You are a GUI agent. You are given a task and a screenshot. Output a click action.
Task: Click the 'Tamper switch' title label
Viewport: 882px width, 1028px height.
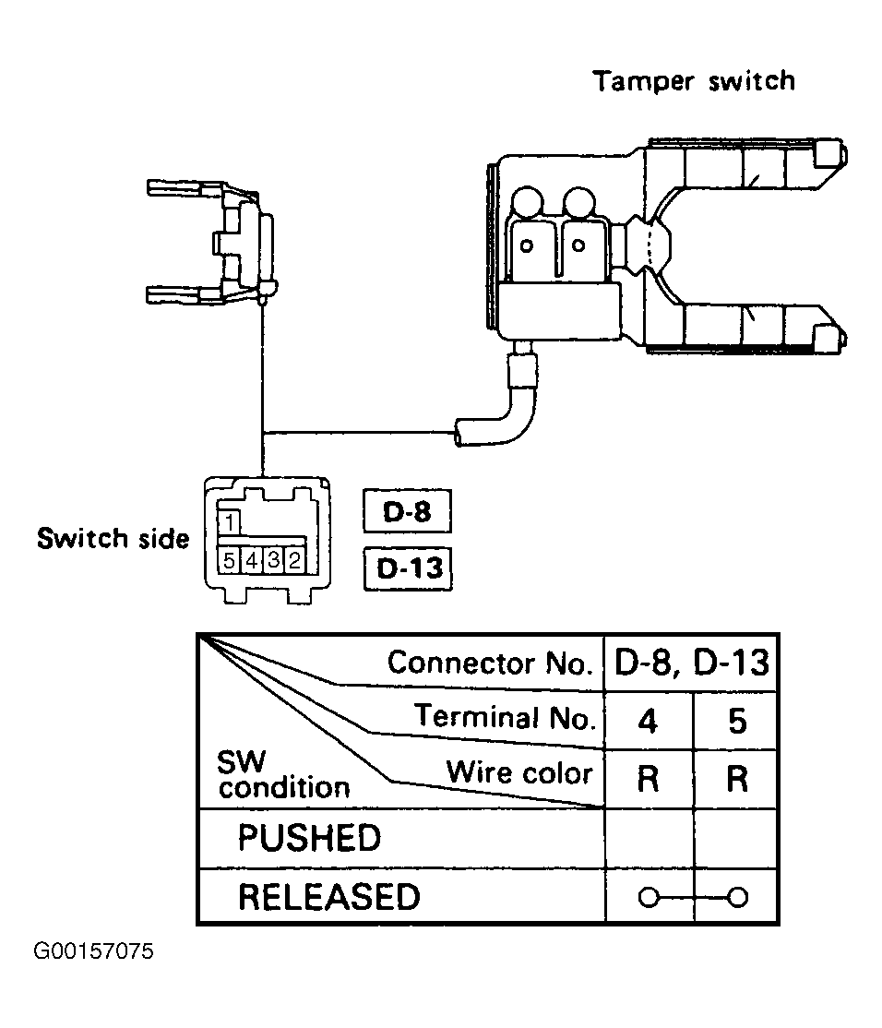click(x=694, y=81)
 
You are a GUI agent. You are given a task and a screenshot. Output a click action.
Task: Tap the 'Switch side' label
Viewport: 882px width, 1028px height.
click(x=113, y=538)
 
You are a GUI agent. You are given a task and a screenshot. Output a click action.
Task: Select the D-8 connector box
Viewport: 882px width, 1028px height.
click(x=407, y=510)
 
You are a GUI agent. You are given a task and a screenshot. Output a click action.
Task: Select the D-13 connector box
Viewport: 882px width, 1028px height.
click(x=408, y=568)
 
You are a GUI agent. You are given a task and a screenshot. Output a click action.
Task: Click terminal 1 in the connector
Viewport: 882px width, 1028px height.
click(x=229, y=522)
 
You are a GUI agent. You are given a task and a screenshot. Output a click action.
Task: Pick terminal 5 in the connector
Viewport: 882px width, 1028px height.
click(x=229, y=560)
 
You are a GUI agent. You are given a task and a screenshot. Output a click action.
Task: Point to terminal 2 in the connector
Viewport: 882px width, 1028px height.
click(x=294, y=560)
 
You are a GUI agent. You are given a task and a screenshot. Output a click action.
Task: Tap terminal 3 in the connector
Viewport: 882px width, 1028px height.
click(x=273, y=560)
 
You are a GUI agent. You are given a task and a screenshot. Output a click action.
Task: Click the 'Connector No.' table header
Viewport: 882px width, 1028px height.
click(x=490, y=663)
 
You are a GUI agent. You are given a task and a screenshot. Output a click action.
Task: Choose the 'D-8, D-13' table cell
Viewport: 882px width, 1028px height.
click(x=691, y=663)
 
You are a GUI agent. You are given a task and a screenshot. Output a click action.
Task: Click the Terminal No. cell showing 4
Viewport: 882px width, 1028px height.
click(x=648, y=722)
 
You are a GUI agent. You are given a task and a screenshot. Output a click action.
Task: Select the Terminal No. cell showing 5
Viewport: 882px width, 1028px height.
click(x=737, y=722)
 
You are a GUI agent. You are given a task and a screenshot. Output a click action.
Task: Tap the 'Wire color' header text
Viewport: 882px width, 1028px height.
click(x=519, y=772)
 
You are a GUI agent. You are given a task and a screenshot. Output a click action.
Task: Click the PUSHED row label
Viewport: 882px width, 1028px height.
click(x=309, y=838)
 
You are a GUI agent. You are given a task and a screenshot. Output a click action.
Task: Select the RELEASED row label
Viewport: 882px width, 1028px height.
click(x=329, y=897)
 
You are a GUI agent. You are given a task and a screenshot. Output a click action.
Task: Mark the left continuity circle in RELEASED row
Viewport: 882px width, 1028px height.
click(x=648, y=897)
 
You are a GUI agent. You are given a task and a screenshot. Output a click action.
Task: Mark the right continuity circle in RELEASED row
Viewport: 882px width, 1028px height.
click(x=738, y=897)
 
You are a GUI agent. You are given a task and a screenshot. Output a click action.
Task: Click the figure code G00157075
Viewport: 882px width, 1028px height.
click(x=94, y=950)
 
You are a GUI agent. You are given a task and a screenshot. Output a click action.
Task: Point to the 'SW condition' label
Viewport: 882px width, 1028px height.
click(x=283, y=775)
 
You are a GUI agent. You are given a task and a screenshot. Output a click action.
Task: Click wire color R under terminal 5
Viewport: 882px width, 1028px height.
click(x=737, y=780)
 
